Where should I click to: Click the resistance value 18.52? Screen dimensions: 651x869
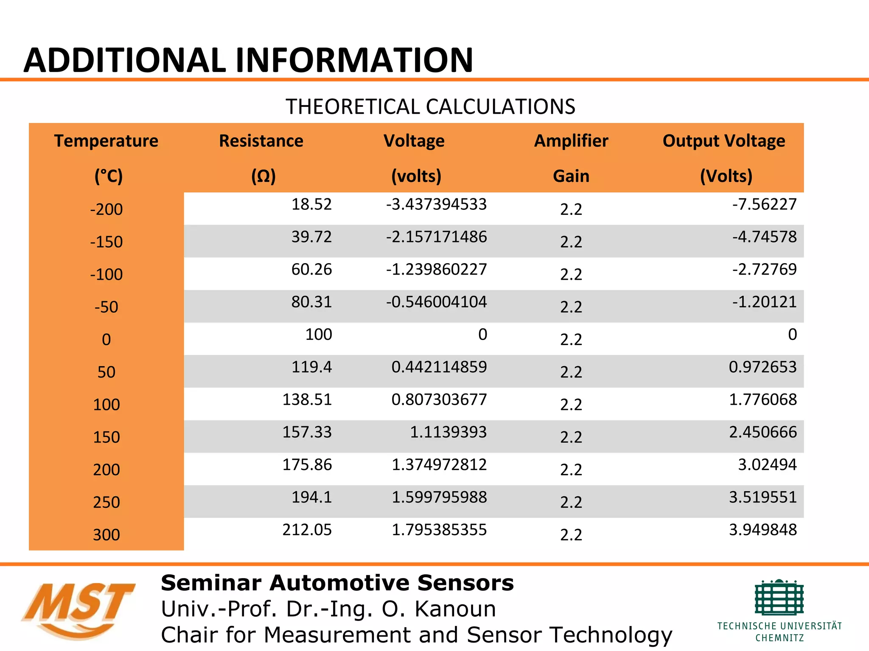click(x=311, y=204)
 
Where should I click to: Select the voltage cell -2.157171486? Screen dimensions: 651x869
click(x=436, y=237)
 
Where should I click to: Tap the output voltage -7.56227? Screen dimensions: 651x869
click(x=764, y=204)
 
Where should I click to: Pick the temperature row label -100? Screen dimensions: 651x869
click(x=106, y=275)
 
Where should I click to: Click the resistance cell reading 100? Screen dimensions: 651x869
click(x=318, y=334)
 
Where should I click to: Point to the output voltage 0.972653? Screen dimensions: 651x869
click(x=762, y=367)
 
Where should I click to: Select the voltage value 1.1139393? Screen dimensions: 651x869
click(x=448, y=432)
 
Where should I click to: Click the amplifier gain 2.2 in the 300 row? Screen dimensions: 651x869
click(x=571, y=535)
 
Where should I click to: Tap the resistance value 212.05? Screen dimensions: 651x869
click(x=307, y=530)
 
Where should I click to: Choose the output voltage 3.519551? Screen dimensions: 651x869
click(x=762, y=497)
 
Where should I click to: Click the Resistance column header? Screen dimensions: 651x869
click(x=261, y=141)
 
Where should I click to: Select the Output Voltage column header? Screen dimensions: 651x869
click(x=723, y=141)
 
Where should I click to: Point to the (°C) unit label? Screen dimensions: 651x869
click(x=109, y=176)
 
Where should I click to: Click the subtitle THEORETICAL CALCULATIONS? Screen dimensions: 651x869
click(x=430, y=106)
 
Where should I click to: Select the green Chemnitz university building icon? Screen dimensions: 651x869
click(x=779, y=598)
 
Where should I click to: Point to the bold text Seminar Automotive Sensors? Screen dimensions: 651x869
click(x=337, y=583)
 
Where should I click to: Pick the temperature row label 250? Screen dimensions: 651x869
click(x=106, y=502)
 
